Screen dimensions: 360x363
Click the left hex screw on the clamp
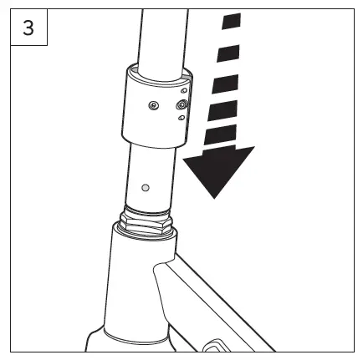pos(152,105)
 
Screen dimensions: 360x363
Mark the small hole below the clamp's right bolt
pos(181,119)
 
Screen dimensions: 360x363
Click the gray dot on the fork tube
pos(146,186)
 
